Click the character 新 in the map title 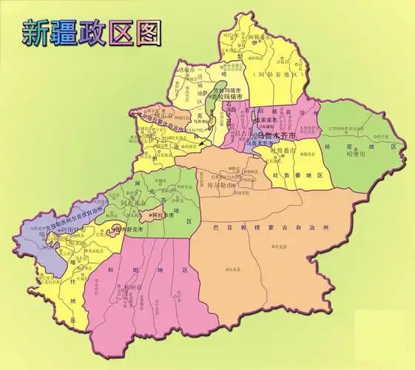point(38,33)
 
